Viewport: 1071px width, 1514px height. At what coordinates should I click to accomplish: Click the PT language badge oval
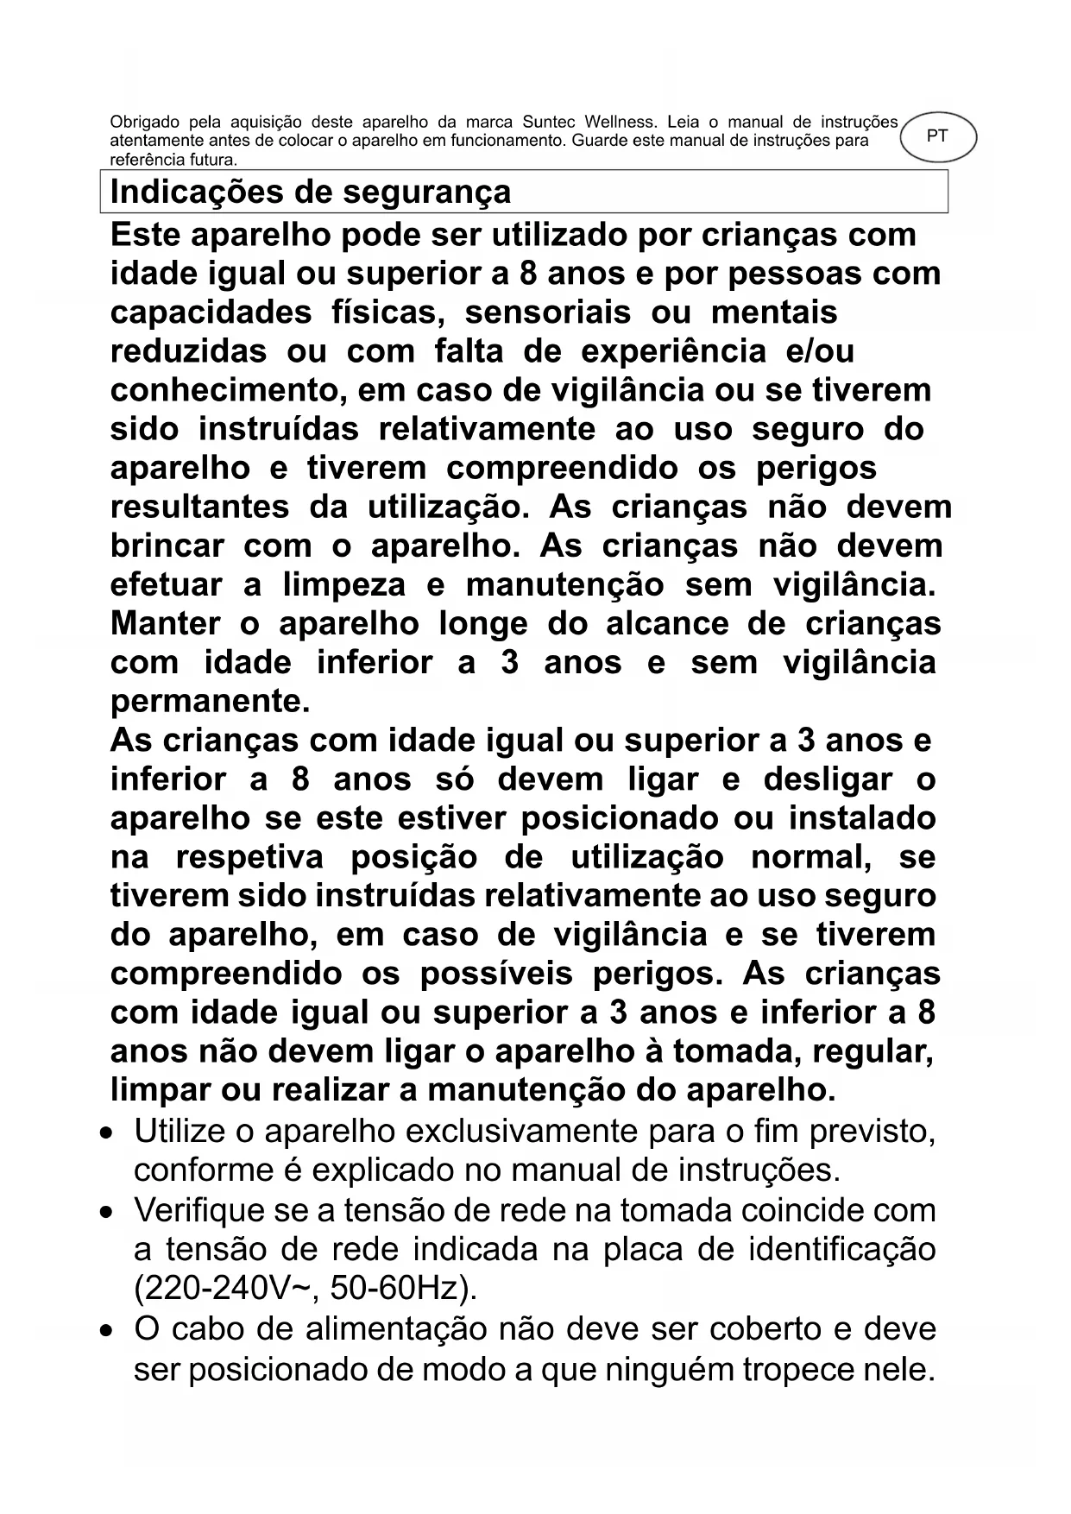938,136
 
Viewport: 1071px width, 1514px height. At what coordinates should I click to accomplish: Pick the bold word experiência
673,352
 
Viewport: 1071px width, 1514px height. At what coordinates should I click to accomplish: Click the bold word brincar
167,546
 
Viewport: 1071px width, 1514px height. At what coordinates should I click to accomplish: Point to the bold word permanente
209,702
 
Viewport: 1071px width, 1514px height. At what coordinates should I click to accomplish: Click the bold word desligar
829,780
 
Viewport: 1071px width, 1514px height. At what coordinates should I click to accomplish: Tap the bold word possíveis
496,974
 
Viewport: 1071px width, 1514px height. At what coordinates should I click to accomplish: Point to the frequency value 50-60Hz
401,1290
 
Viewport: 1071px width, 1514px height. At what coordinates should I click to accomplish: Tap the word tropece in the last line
803,1369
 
